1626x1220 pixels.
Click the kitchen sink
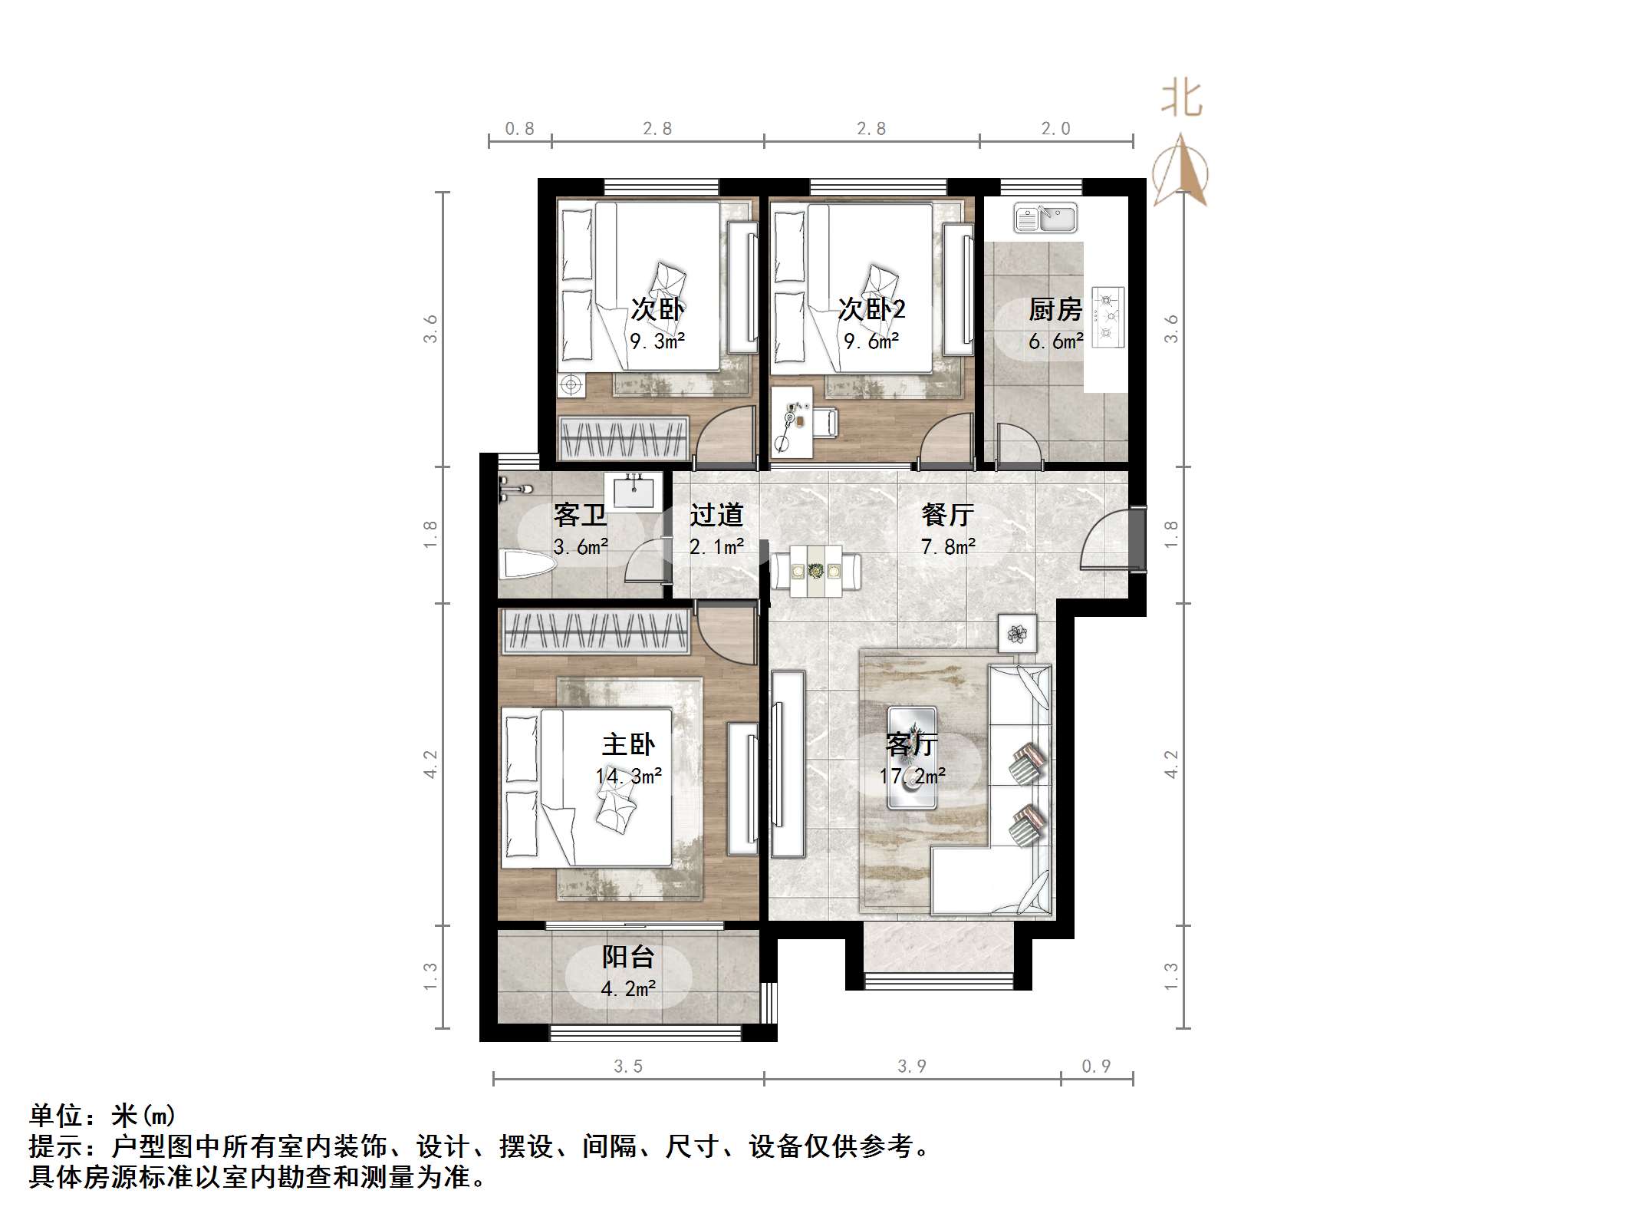click(x=1045, y=217)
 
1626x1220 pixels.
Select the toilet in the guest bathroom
click(x=527, y=565)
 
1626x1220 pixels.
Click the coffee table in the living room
click(x=911, y=757)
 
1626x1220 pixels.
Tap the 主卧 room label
click(x=628, y=744)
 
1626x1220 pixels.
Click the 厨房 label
click(x=1055, y=310)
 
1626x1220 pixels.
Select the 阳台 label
click(x=628, y=957)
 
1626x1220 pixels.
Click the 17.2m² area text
click(x=913, y=777)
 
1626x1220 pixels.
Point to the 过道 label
click(x=716, y=515)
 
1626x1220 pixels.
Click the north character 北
click(x=1181, y=100)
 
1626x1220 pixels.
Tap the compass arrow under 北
click(x=1181, y=170)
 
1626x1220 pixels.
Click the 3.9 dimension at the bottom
click(x=912, y=1066)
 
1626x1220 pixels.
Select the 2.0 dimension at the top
click(x=1055, y=129)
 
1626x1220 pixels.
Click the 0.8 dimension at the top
click(x=519, y=129)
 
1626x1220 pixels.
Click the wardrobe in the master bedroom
click(x=594, y=632)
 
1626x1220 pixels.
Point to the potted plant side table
click(x=1017, y=634)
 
